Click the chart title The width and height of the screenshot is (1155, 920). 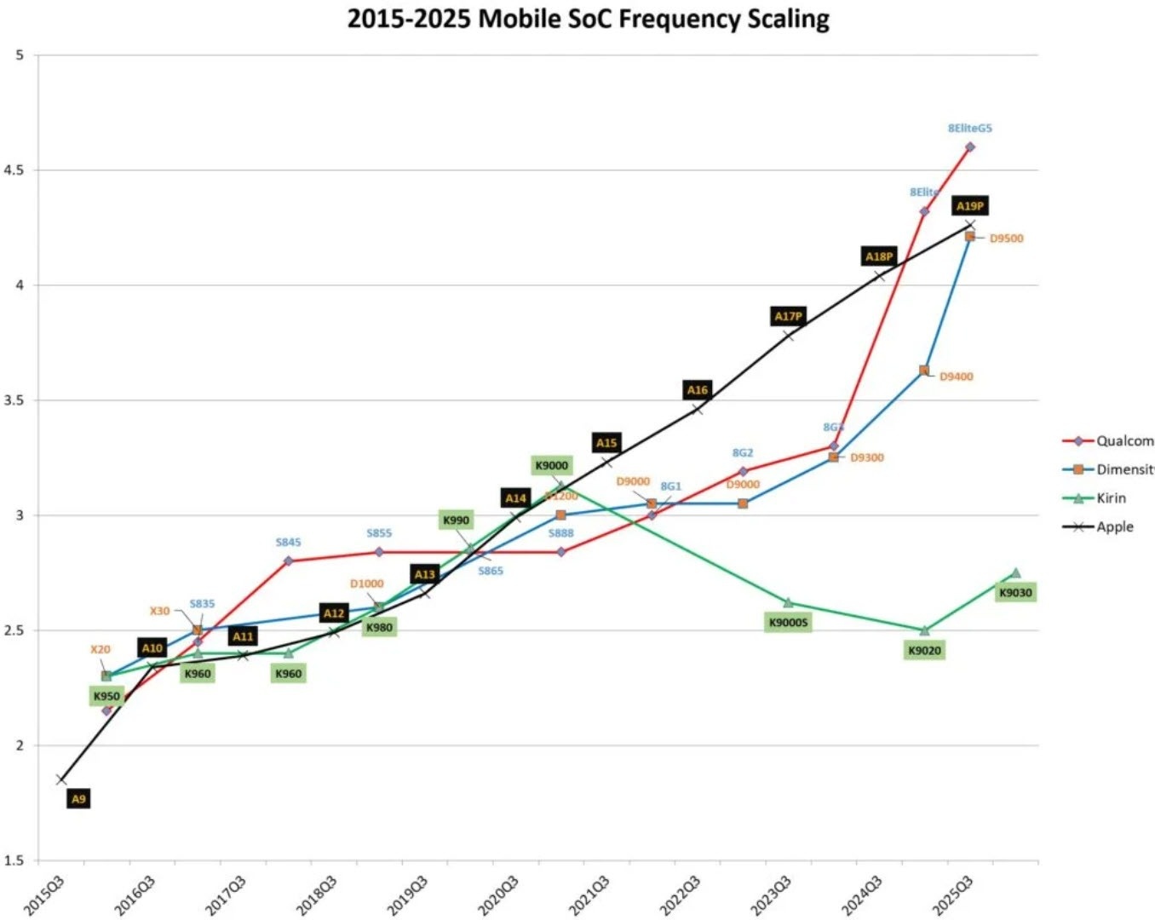coord(588,19)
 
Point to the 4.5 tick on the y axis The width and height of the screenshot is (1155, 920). coord(14,170)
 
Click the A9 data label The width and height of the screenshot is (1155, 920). coord(78,799)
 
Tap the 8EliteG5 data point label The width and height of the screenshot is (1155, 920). coord(969,129)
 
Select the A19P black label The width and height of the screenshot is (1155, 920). coord(969,206)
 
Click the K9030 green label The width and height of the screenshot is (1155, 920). coord(1014,593)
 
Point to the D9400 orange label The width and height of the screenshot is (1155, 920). coord(956,377)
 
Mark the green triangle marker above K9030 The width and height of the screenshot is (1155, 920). coord(1014,573)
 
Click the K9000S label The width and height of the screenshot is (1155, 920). coord(788,623)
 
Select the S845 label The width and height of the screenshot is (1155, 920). coord(288,542)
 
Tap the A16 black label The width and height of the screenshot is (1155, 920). coord(698,390)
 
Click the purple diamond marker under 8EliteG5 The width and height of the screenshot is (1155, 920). coord(969,147)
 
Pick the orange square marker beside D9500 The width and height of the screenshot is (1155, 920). coord(969,237)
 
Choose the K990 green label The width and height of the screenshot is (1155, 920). coord(456,520)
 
